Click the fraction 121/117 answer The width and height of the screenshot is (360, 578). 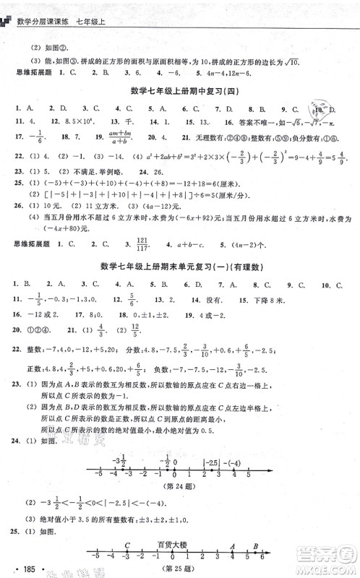[x=148, y=246]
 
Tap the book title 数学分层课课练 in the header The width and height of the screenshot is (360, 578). [x=55, y=9]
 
